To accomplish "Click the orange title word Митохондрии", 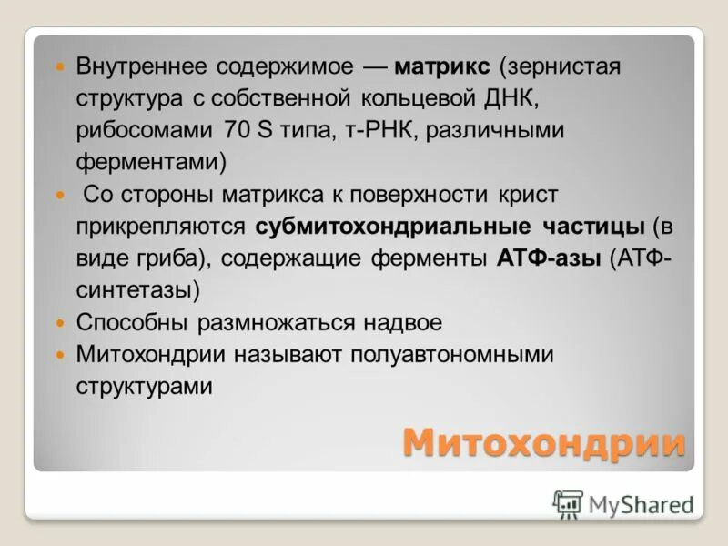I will click(543, 442).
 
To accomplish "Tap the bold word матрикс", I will click(443, 67).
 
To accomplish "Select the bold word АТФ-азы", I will click(549, 258).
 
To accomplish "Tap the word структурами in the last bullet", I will click(145, 386).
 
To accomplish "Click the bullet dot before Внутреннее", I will click(61, 68).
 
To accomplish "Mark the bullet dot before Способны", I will click(61, 323).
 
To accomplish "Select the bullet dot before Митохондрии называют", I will click(61, 355).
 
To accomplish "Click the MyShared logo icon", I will click(569, 502).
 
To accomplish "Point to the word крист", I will click(529, 195).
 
